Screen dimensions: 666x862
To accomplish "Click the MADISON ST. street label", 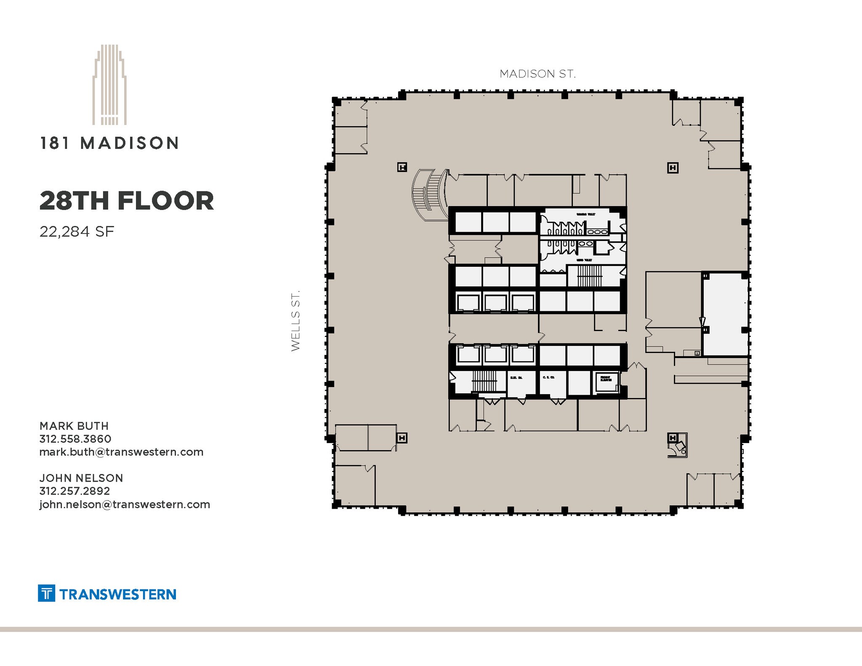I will coord(537,74).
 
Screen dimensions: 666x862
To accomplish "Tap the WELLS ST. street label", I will coord(295,320).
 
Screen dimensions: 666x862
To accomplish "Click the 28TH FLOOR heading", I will coord(127,201).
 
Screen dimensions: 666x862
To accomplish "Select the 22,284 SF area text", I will coord(77,232).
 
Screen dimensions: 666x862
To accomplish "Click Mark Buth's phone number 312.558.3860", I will coord(75,439).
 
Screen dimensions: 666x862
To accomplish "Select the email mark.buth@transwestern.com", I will coord(121,452).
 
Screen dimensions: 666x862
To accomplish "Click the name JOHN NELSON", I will coord(81,478).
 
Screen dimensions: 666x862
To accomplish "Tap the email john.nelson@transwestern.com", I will coord(125,504).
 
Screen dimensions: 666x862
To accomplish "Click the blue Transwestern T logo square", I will coord(47,593).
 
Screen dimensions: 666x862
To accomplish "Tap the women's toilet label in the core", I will coord(586,215).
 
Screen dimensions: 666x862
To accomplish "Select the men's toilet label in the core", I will coord(584,260).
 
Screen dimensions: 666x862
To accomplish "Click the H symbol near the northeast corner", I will coord(673,168).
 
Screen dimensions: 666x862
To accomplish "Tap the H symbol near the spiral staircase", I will coord(402,167).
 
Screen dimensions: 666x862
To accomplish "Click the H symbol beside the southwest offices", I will coord(402,438).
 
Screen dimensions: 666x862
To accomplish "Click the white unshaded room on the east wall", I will coord(724,313).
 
